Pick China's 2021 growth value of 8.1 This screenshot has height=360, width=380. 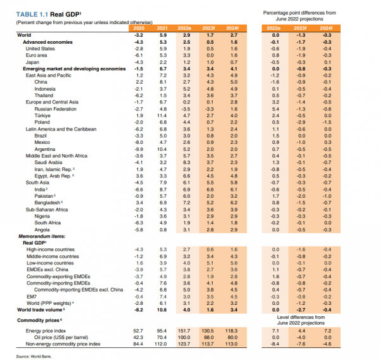[163, 82]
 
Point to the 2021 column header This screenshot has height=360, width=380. [163, 29]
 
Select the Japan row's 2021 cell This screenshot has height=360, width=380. [163, 61]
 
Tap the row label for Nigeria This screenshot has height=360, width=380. [43, 215]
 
